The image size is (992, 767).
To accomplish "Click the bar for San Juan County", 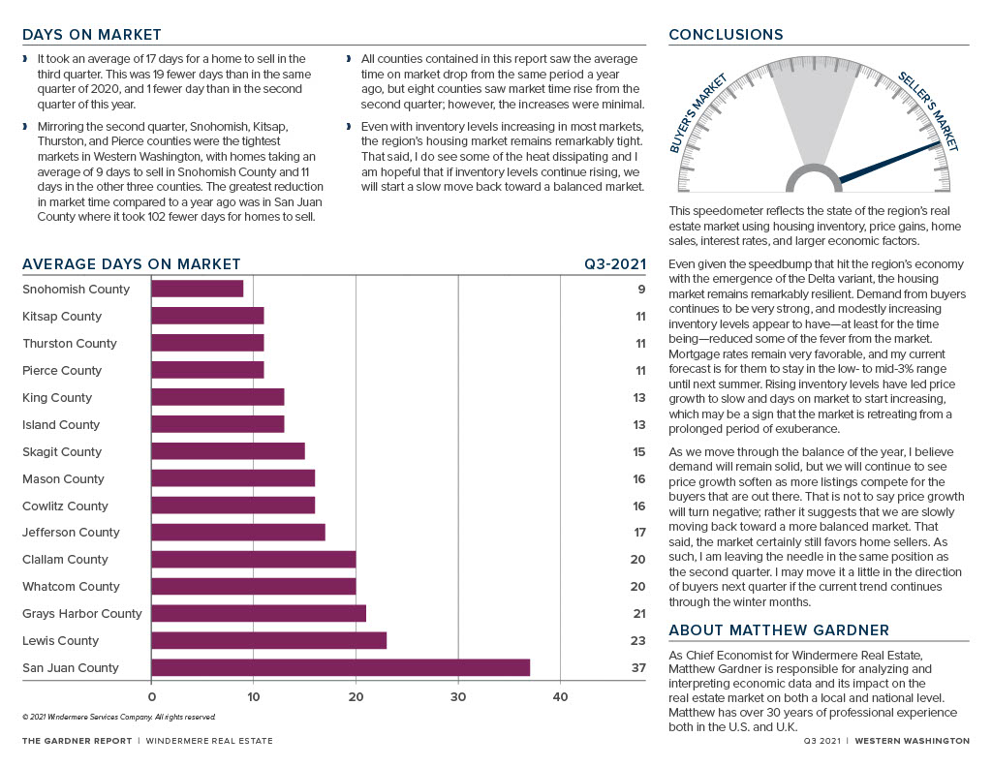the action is (340, 667).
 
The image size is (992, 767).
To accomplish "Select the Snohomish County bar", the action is (198, 289).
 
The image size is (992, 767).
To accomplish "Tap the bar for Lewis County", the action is (269, 640).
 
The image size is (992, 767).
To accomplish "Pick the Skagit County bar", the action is (228, 451).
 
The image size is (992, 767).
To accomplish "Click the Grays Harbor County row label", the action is (82, 614).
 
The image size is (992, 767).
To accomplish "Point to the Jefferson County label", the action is (71, 533).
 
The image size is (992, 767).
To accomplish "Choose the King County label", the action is (57, 398).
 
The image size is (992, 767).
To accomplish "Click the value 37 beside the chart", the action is (638, 667).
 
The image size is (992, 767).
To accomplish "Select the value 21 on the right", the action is (639, 614).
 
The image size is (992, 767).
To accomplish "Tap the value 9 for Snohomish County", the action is (641, 289).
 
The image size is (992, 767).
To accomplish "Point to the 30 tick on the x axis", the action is (458, 697).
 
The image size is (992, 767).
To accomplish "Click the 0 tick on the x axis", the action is (152, 697).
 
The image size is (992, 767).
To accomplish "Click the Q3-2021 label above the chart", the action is (615, 264).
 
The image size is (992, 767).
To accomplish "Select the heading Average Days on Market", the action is (132, 264).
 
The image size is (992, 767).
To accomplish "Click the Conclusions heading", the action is (726, 35).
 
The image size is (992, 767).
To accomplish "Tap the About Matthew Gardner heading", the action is (779, 630).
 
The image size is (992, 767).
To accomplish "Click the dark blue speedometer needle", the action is (890, 162).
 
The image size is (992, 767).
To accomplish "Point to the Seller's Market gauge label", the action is (928, 112).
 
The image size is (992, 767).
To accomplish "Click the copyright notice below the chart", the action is (119, 717).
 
